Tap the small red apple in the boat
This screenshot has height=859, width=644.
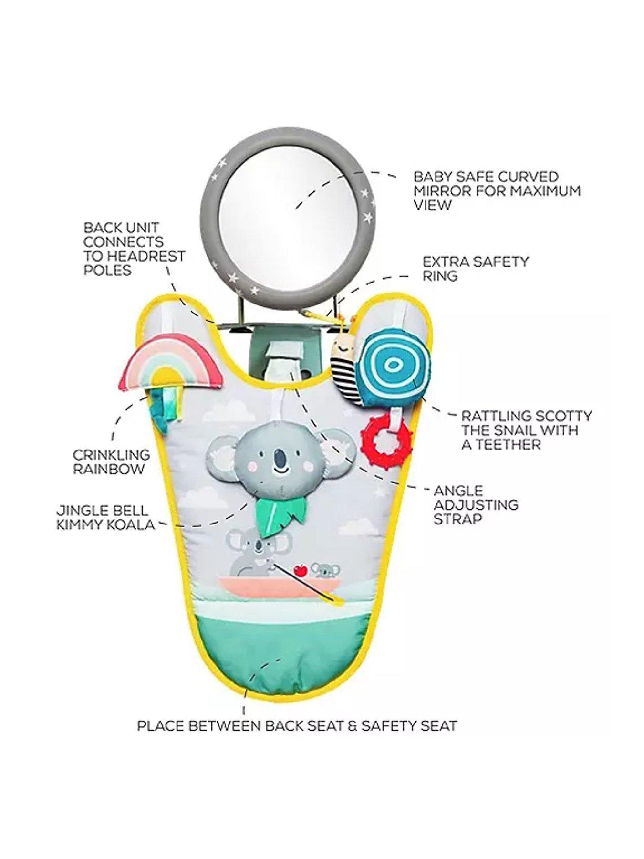pos(300,570)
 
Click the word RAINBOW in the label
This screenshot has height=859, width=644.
pos(109,469)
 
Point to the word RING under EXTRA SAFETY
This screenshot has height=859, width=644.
pos(440,275)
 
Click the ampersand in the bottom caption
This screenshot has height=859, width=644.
pos(353,739)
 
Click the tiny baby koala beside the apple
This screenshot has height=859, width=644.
pos(322,571)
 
